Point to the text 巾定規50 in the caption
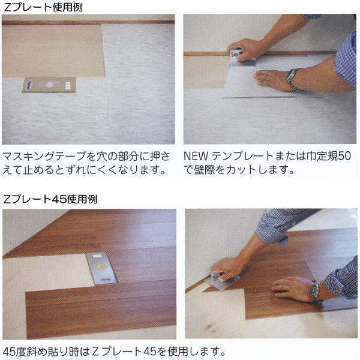[334, 157]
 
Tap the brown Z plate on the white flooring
[49, 85]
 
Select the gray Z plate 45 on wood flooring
[101, 268]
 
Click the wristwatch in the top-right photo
[293, 79]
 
